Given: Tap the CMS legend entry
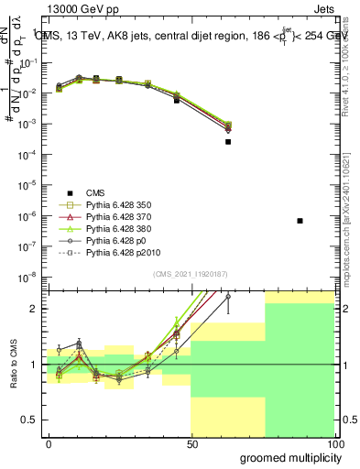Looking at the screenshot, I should pyautogui.click(x=96, y=191).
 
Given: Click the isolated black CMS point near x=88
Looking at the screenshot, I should pyautogui.click(x=300, y=221).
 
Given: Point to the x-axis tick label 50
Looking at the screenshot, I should pyautogui.click(x=191, y=444).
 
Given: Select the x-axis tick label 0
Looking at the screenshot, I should pyautogui.click(x=49, y=444).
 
